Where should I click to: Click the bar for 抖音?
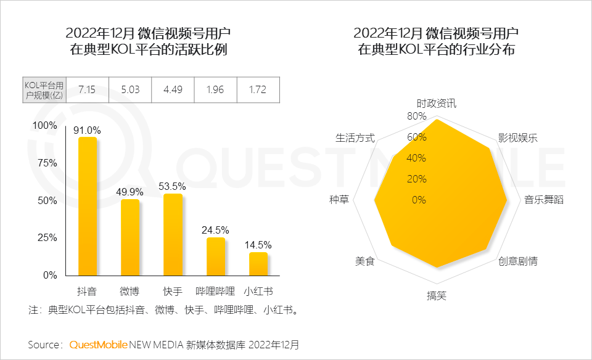tap(87, 206)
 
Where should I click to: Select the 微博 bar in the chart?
tap(129, 237)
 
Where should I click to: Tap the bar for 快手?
tap(173, 234)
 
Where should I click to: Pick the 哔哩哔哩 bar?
tap(215, 256)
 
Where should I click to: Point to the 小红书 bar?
tap(258, 264)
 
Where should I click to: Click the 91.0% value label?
tap(87, 130)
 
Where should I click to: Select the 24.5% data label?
tap(215, 230)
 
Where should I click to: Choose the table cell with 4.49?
tap(173, 90)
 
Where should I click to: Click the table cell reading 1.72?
tap(258, 90)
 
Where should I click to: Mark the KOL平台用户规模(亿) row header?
tap(43, 90)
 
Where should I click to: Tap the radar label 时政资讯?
tap(437, 103)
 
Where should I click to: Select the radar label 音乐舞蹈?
tap(544, 200)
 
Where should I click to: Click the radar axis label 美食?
tap(364, 261)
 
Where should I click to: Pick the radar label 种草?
tap(339, 200)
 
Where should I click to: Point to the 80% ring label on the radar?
tap(417, 116)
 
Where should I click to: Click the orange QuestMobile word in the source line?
tap(99, 345)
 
